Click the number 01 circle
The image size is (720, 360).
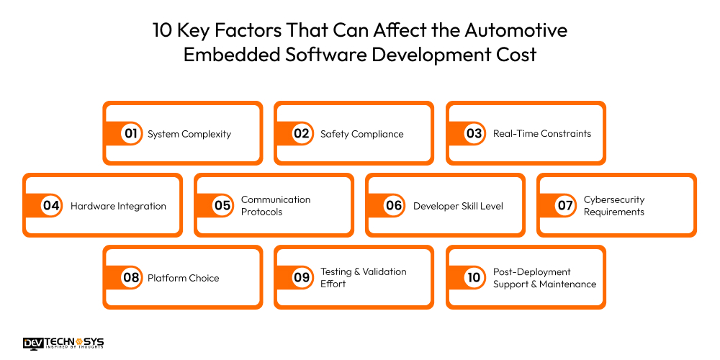(130, 133)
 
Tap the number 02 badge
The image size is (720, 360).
(302, 133)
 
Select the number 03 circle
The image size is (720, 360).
(474, 133)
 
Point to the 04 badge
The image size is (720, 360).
(50, 205)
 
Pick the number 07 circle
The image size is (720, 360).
(565, 205)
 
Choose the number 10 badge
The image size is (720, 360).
(474, 277)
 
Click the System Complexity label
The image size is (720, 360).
(189, 134)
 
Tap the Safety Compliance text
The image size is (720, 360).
(361, 134)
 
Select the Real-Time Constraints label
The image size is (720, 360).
(541, 134)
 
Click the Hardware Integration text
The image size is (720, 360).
(118, 206)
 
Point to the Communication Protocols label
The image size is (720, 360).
(276, 205)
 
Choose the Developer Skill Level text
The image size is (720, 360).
(458, 206)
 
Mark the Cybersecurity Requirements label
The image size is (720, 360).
(613, 205)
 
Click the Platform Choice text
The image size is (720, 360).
(183, 278)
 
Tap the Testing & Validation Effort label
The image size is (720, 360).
(363, 277)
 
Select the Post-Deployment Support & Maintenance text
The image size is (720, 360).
(544, 277)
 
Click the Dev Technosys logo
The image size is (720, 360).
(63, 343)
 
